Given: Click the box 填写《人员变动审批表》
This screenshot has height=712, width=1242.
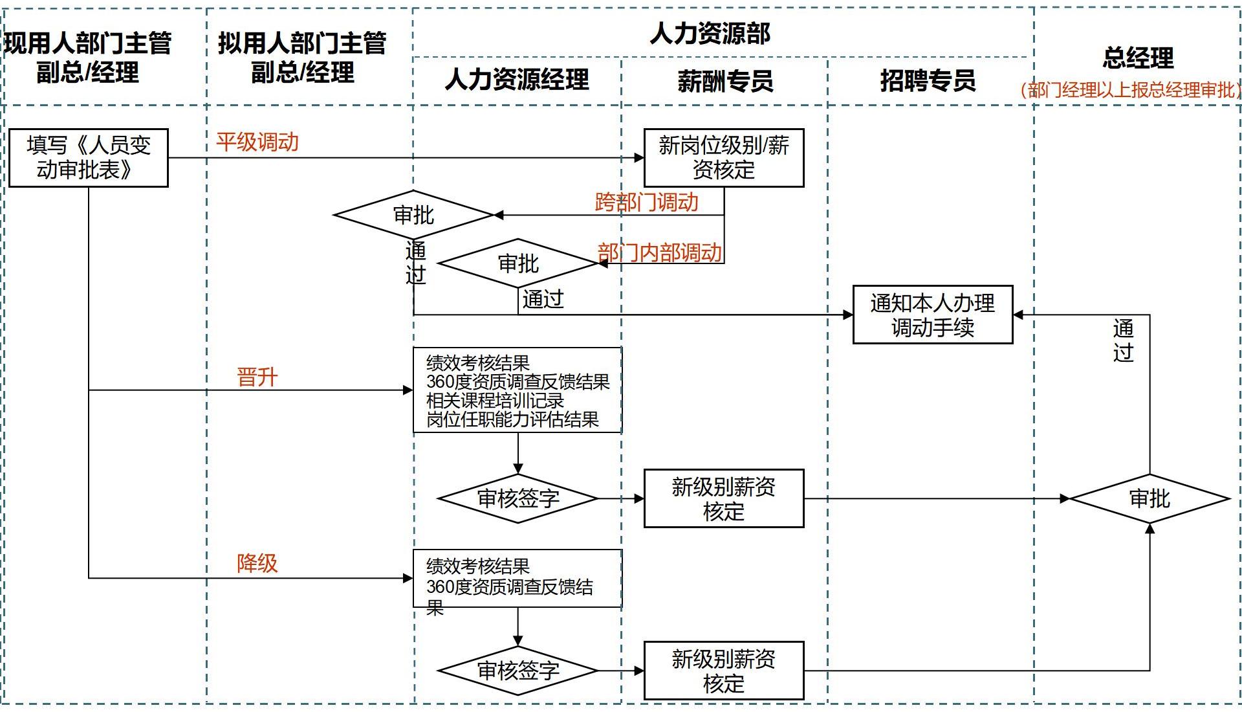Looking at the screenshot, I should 89,158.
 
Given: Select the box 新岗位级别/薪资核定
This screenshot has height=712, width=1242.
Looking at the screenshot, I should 724,158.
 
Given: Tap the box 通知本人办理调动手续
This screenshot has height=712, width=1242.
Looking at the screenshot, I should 932,315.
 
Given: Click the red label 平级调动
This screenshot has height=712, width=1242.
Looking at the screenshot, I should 257,142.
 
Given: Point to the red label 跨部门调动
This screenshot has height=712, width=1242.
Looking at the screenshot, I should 646,202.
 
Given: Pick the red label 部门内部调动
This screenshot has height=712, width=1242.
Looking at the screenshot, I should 659,252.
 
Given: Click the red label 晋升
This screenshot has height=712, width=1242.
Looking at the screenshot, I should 257,377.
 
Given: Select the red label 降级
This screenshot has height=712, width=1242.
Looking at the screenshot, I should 257,563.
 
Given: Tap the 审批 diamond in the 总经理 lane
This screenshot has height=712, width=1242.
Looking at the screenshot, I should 1149,498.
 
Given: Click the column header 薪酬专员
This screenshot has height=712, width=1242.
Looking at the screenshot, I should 725,81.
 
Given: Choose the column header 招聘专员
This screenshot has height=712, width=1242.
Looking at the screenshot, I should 928,81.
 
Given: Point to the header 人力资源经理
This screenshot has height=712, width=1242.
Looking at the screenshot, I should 517,80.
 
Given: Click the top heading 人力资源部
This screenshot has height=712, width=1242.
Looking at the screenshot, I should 710,33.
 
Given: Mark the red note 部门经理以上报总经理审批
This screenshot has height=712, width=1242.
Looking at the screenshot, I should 1131,90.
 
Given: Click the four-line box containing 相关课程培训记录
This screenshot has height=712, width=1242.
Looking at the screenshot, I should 517,390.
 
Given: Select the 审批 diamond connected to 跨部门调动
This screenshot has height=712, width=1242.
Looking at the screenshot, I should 414,215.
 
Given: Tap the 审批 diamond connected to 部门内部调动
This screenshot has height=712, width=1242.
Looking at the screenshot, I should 518,263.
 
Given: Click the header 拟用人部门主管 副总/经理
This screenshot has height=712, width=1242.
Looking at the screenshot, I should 302,58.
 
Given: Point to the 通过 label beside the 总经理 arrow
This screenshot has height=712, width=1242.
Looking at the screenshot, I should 1123,340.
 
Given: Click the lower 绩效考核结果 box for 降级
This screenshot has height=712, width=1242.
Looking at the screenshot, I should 517,579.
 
